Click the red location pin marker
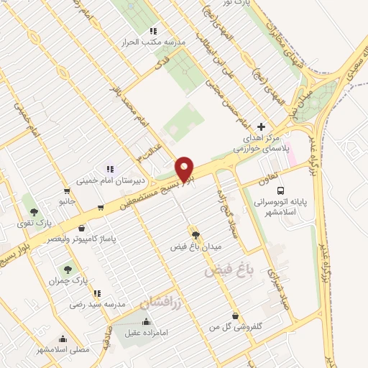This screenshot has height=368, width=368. pos(185,168)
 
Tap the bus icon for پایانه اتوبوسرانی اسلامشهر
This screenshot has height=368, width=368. pos(280,190)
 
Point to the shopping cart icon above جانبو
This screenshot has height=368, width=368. pos(67,191)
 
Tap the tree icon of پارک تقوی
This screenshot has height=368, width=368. pos(33,212)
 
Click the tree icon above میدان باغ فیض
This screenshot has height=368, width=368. pos(195,234)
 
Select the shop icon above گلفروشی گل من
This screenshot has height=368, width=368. pos(236,316)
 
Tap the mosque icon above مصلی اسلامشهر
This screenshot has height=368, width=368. pos(63,340)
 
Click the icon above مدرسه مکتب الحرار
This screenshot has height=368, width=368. pos(152,31)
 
